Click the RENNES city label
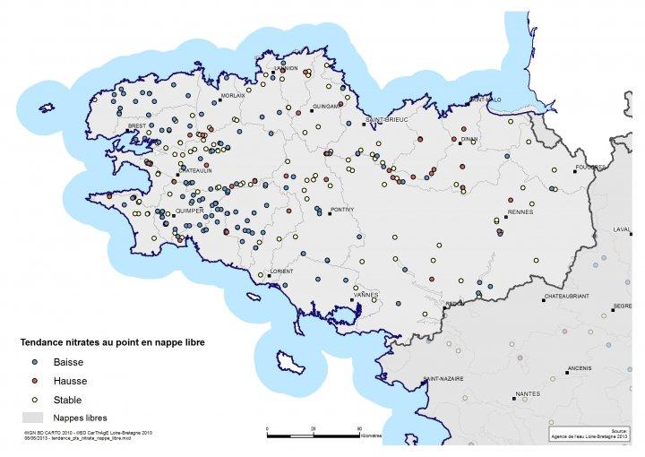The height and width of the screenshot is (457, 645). [520, 212]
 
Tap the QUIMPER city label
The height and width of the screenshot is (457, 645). [189, 212]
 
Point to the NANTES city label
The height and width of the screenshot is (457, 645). [528, 394]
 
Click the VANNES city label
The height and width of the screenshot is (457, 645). [367, 294]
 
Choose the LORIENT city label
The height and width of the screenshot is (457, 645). [281, 271]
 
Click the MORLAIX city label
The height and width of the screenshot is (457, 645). [233, 95]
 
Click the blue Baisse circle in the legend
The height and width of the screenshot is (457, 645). [34, 363]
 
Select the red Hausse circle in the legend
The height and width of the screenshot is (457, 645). [34, 381]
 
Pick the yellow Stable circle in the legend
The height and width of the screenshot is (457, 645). [34, 399]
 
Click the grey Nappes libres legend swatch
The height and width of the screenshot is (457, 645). [33, 418]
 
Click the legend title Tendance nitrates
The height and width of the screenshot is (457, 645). [107, 342]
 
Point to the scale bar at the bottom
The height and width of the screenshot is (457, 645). [314, 435]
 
